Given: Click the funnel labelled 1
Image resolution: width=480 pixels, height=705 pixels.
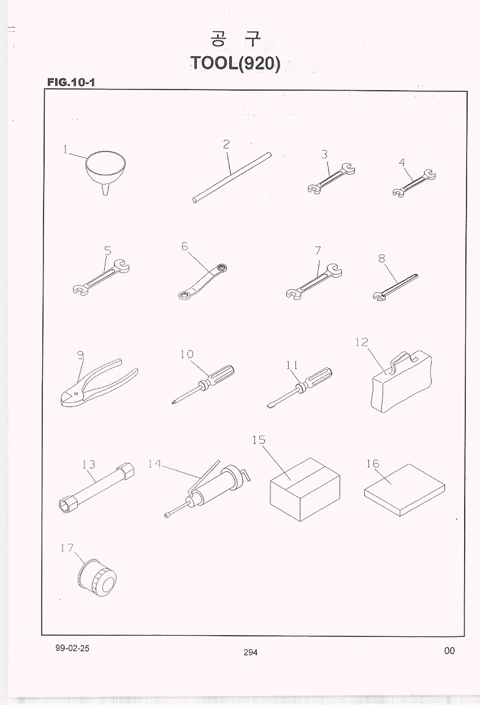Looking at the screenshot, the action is (x=105, y=171).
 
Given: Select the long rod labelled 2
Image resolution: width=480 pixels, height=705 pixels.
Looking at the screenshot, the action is (x=232, y=178).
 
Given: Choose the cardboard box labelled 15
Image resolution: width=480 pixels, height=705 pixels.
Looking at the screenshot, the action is (x=305, y=490).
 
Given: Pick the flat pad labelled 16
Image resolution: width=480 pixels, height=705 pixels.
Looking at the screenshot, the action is (x=405, y=490).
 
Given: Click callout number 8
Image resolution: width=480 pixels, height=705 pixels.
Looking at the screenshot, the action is (x=381, y=259).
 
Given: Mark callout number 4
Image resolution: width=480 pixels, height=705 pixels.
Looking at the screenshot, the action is (x=402, y=162).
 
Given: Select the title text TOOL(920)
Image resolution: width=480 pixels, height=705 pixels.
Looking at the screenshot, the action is (x=235, y=63).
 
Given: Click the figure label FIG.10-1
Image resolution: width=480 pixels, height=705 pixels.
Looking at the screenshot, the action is (x=70, y=82).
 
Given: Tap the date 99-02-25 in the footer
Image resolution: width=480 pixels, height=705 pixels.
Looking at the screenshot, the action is (x=72, y=649).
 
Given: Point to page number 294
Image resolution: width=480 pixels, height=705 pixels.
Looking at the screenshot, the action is (x=250, y=652).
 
